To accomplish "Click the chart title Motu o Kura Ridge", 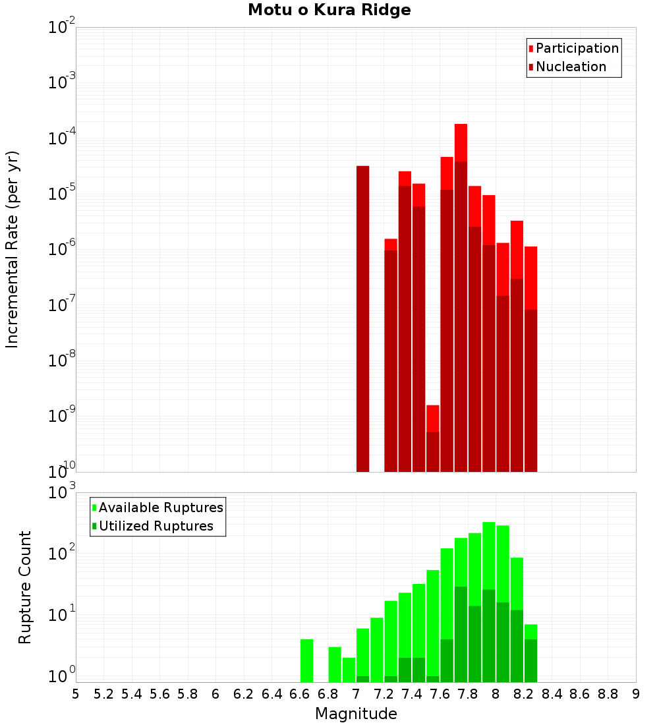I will (329, 11).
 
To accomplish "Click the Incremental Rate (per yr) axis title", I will (13, 249).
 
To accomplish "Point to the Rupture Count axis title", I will (25, 587).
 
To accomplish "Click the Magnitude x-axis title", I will (356, 714).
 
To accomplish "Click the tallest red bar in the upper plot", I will (461, 297).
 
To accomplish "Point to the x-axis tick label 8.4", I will (552, 694).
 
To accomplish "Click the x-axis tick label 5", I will (76, 694).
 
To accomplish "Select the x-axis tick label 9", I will (636, 694).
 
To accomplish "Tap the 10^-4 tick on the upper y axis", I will (61, 139).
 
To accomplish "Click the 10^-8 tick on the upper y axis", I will (61, 361).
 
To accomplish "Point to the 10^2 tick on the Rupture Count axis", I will (61, 554).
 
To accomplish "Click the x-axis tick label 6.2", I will (244, 694).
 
